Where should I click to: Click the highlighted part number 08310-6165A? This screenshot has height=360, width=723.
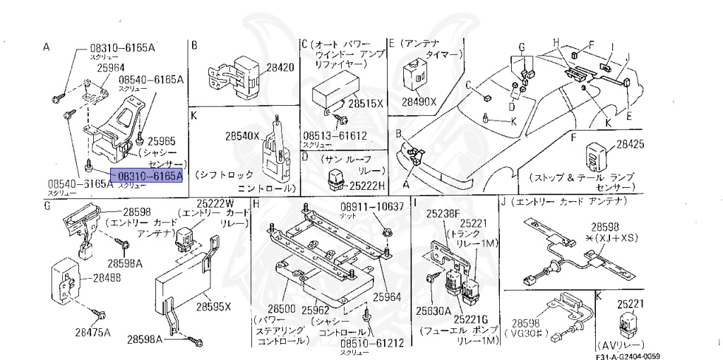[x=150, y=176]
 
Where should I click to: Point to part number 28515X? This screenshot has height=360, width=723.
[x=366, y=103]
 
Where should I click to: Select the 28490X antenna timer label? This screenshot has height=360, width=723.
[x=419, y=102]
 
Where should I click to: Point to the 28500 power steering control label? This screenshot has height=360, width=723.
[x=281, y=309]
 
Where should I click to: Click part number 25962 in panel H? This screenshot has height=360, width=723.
[x=316, y=309]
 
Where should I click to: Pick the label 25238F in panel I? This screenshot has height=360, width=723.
[x=446, y=212]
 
